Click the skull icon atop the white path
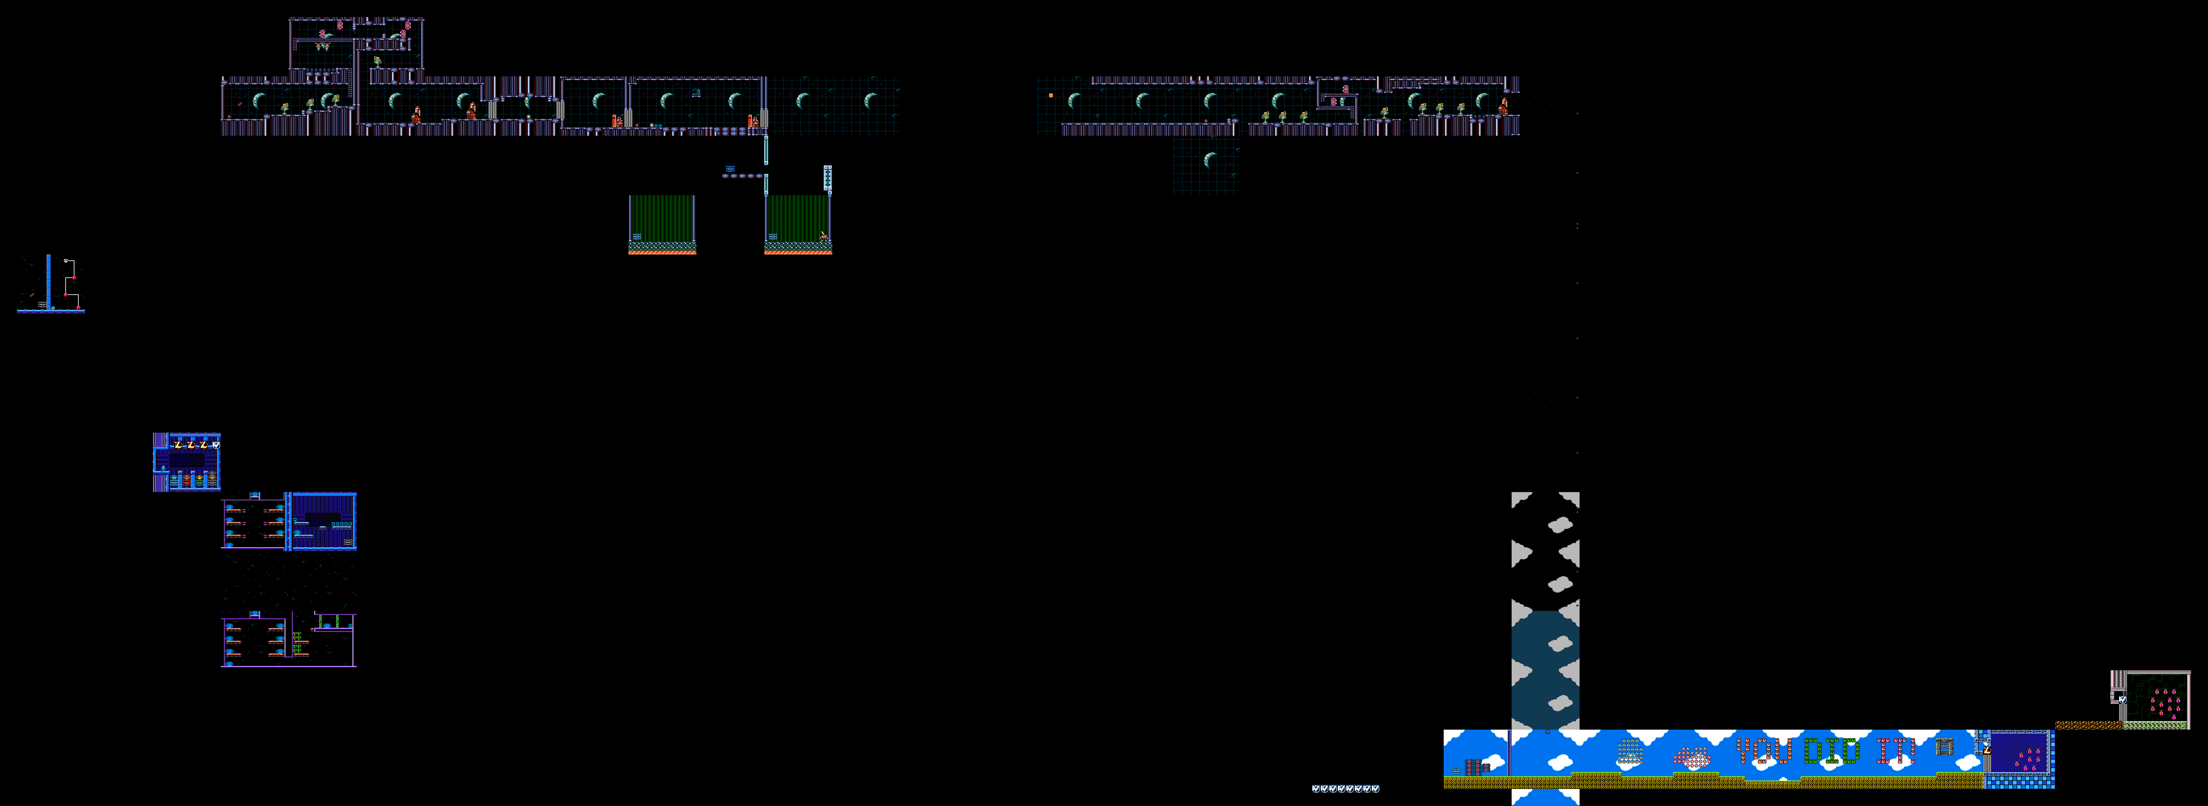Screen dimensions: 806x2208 click(x=66, y=260)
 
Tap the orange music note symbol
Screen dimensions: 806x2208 click(x=32, y=295)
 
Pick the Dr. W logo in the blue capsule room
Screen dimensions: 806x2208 click(x=216, y=445)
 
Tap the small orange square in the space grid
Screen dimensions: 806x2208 click(x=1051, y=95)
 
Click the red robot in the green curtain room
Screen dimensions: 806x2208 click(x=824, y=235)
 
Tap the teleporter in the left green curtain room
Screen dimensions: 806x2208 click(x=636, y=236)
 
